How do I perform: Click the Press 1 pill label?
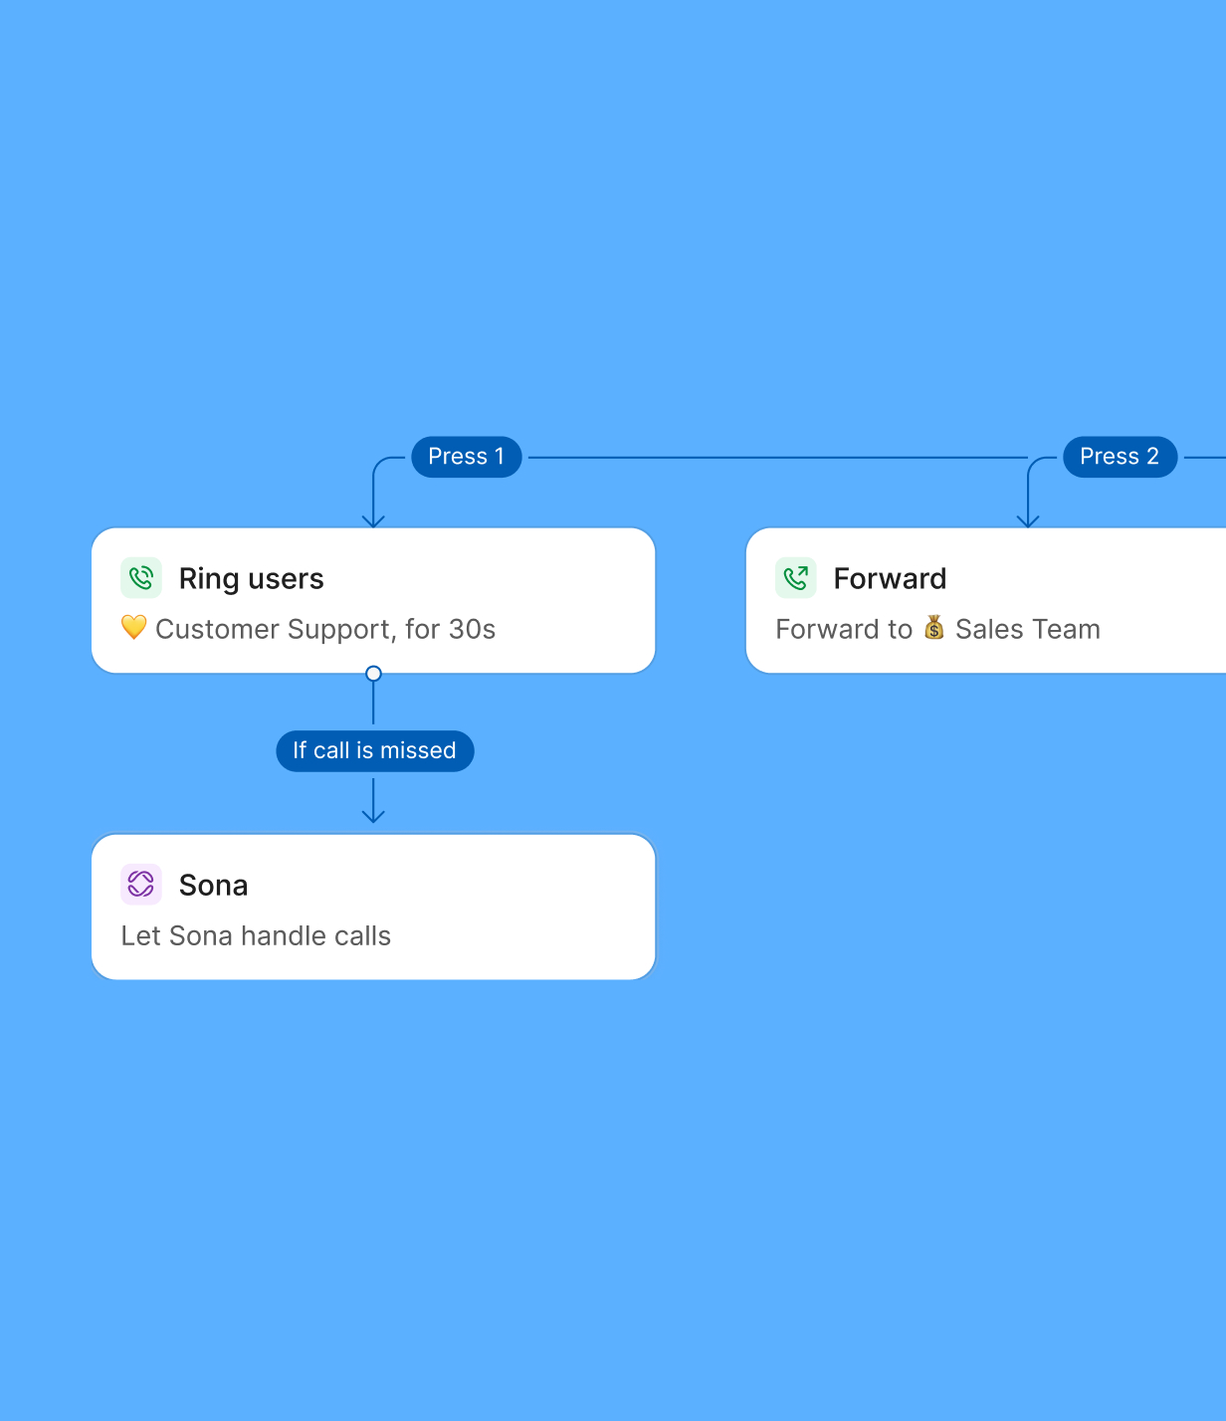point(466,457)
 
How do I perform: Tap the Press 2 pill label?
point(1120,457)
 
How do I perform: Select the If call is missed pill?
point(375,750)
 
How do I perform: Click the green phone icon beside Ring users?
point(141,577)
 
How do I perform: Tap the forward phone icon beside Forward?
point(795,577)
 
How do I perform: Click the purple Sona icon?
point(141,884)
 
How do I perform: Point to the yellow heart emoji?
point(133,627)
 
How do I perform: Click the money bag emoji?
point(933,627)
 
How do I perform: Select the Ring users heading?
point(251,579)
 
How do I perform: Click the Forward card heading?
point(890,578)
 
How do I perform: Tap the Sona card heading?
point(213,886)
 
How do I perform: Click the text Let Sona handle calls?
point(256,935)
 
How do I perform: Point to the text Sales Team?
point(1027,629)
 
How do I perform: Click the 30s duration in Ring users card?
point(472,629)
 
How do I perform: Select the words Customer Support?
point(273,630)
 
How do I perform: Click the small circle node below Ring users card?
point(373,674)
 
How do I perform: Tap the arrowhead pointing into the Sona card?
point(373,817)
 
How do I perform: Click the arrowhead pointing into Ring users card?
point(373,521)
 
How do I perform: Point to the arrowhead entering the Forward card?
point(1028,521)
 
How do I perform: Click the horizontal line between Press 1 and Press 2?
point(777,457)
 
